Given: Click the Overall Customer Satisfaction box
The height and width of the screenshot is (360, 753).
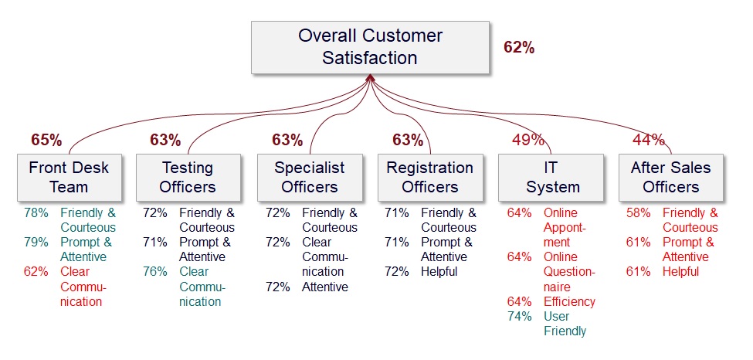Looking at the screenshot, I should pyautogui.click(x=370, y=47).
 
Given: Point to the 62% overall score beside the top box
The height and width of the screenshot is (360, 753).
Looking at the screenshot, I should pyautogui.click(x=519, y=47).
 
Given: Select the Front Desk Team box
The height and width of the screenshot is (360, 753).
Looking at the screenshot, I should pyautogui.click(x=70, y=177).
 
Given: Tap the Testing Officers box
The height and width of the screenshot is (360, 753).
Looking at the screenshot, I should pyautogui.click(x=188, y=177).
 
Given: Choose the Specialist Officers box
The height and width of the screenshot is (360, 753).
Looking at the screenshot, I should pyautogui.click(x=310, y=177).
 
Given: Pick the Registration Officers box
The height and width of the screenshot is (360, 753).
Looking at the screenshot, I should pyautogui.click(x=430, y=177).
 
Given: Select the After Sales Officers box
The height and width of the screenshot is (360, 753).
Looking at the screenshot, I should pyautogui.click(x=671, y=177).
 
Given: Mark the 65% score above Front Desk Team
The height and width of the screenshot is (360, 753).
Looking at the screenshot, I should pyautogui.click(x=46, y=140).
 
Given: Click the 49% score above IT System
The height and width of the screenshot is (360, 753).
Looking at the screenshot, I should pyautogui.click(x=528, y=140).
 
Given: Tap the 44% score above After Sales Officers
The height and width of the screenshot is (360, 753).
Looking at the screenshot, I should pyautogui.click(x=649, y=140).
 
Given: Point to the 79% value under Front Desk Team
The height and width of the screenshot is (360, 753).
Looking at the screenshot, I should pyautogui.click(x=36, y=243).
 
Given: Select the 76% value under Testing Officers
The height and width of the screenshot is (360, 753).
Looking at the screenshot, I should pyautogui.click(x=155, y=271).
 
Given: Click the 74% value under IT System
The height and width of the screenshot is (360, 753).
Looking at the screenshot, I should pyautogui.click(x=519, y=316).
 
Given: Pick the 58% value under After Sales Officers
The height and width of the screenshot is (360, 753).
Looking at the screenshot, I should pyautogui.click(x=639, y=213).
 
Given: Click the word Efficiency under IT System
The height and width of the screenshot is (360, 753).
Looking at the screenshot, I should pyautogui.click(x=569, y=301).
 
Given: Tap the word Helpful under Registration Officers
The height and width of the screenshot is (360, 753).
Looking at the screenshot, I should pyautogui.click(x=439, y=271).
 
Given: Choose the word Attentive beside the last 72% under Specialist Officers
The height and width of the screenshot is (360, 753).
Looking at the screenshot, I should pyautogui.click(x=325, y=287).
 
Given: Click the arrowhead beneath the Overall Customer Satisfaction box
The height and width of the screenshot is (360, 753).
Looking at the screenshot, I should pyautogui.click(x=371, y=77).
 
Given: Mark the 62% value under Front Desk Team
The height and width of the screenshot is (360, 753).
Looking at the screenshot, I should pyautogui.click(x=36, y=271).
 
